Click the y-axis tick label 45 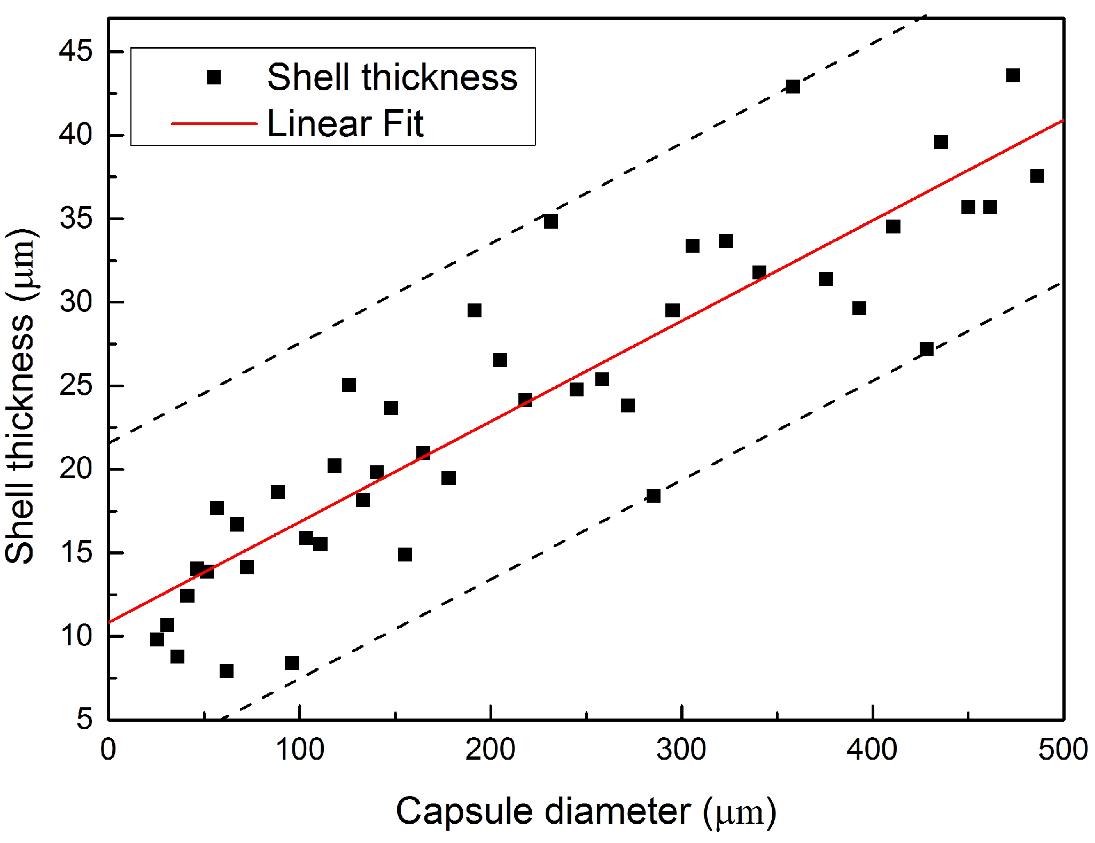tap(75, 51)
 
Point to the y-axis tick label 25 tap(75, 386)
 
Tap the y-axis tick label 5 tap(84, 719)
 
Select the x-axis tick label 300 tap(681, 750)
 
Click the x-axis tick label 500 tap(1062, 750)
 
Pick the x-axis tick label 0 tap(108, 750)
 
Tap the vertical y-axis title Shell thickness tap(20, 395)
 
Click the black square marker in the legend tap(214, 77)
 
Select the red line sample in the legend tap(214, 123)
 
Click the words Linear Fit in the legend tap(345, 123)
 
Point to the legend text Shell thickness tap(392, 77)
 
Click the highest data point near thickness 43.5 tap(1013, 75)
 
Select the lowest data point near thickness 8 tap(226, 671)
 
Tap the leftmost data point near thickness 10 tap(157, 639)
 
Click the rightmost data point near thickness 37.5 tap(1037, 176)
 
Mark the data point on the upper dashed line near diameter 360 tap(793, 87)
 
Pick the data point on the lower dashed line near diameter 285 tap(653, 496)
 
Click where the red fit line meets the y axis tap(109, 622)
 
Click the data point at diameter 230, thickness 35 tap(550, 221)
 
